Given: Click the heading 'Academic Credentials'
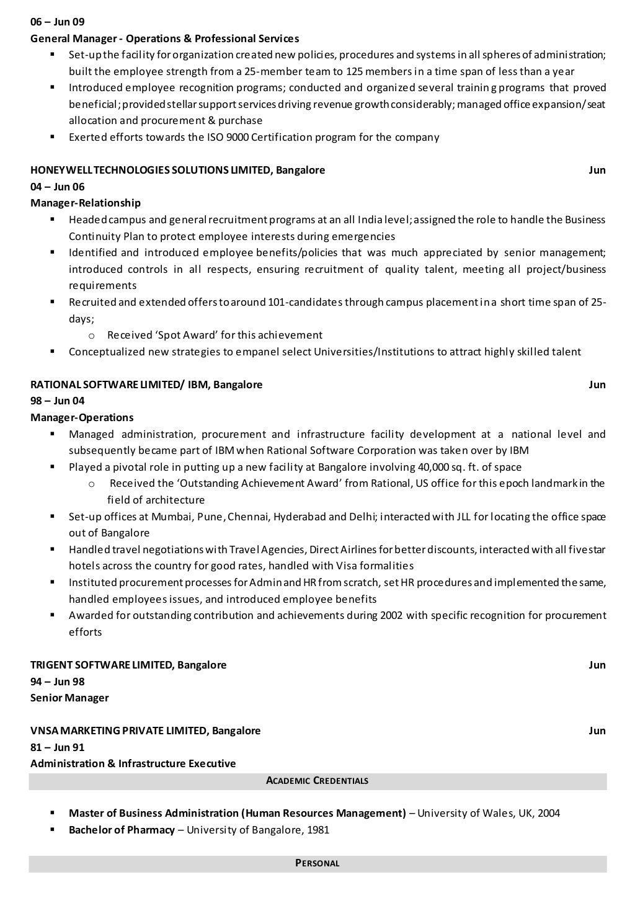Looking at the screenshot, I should point(317,781).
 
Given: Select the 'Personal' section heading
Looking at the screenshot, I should point(317,863).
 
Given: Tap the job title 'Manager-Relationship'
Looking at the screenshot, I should point(86,203).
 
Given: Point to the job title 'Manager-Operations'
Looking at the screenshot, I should point(82,417).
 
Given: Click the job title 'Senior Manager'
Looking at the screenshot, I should point(69,698).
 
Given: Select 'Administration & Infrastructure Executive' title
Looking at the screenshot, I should point(133,763).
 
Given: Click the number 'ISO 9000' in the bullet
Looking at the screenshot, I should point(228,137).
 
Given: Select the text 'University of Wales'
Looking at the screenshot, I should point(461,813).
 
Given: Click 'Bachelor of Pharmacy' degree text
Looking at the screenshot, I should point(122,830).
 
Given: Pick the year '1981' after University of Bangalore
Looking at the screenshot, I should point(317,830).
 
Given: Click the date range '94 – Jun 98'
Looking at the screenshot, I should point(58,682).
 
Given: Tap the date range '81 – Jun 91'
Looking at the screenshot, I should point(58,747).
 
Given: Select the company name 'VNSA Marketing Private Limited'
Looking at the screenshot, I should point(118,731).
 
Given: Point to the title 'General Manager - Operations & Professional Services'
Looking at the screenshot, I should point(165,38).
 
